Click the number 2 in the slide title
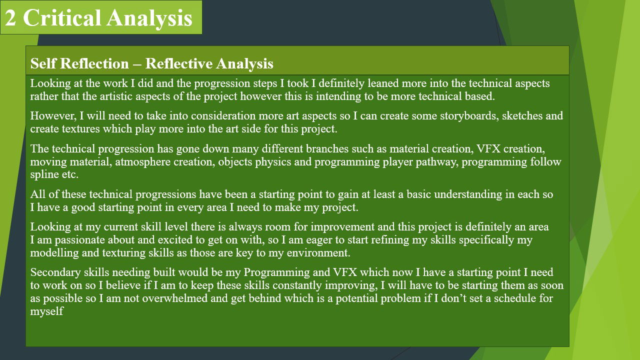[x=10, y=17]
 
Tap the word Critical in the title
[x=61, y=17]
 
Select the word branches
[x=327, y=148]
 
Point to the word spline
[x=43, y=174]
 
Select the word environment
[x=318, y=252]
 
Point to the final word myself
[x=47, y=311]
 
